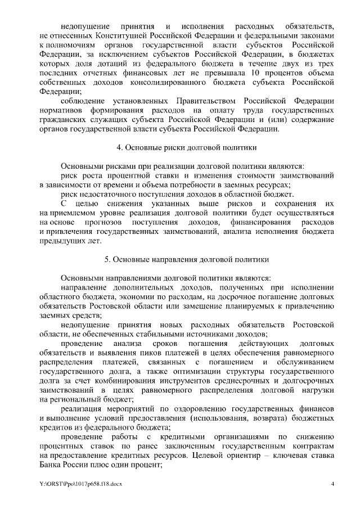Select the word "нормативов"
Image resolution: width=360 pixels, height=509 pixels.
click(x=60, y=110)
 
